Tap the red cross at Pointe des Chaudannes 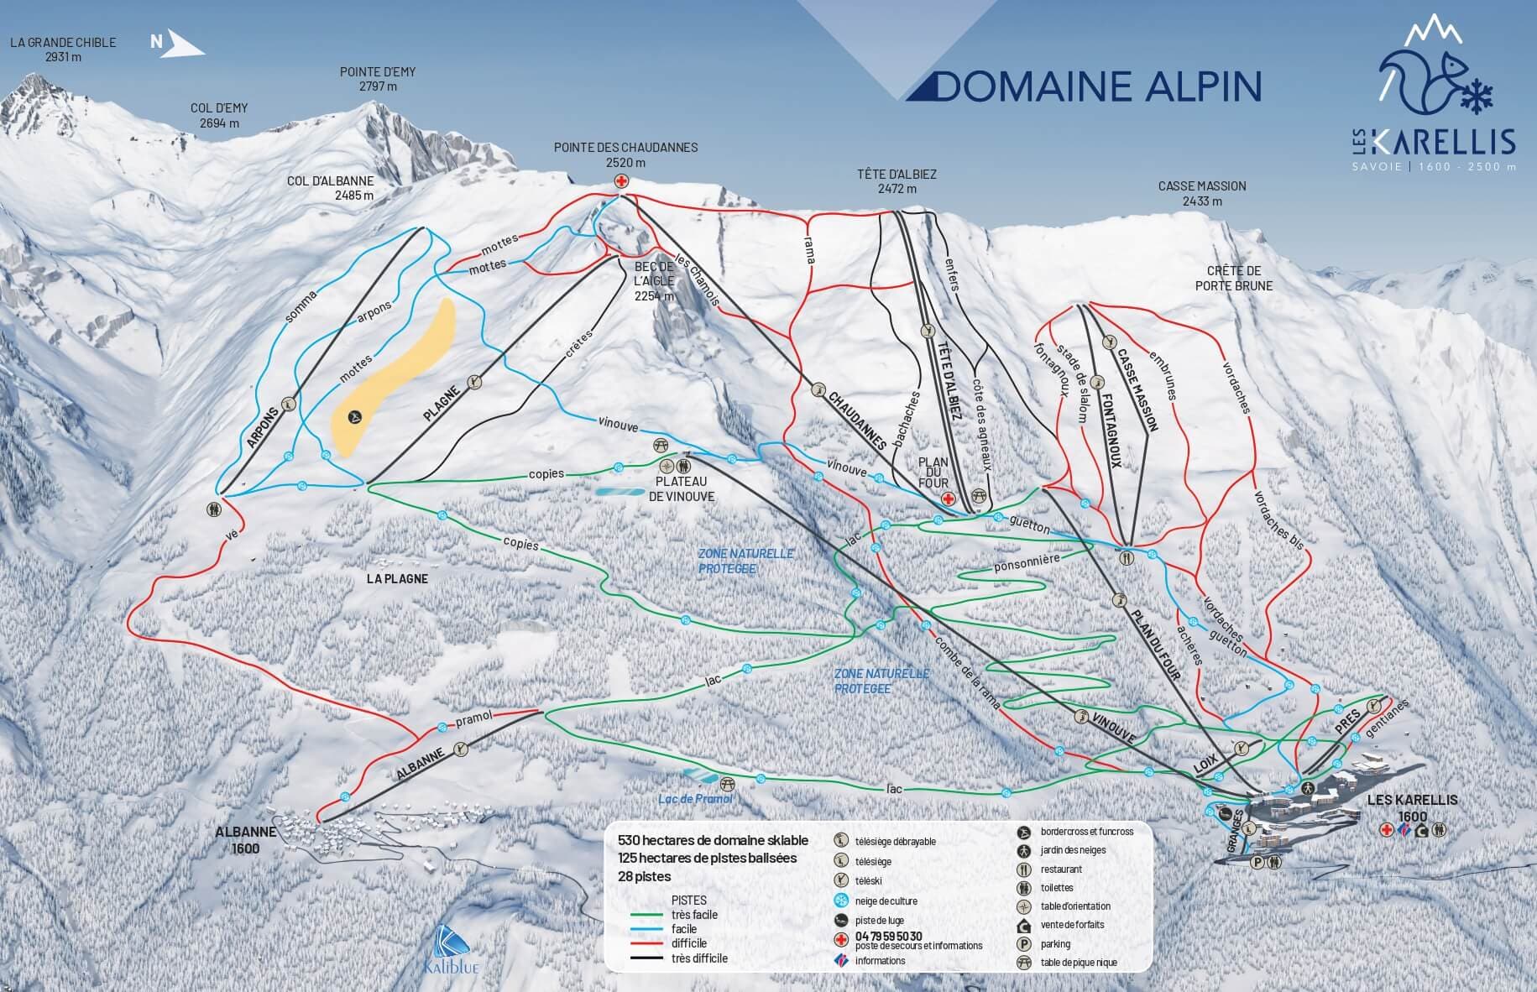(621, 181)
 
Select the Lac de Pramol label (695, 798)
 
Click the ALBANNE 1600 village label (246, 839)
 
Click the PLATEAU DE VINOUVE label (682, 489)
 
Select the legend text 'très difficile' (699, 958)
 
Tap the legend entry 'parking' (1054, 944)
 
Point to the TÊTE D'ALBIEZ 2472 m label (897, 181)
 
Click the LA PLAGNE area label (397, 579)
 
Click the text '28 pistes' (644, 876)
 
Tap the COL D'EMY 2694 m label (219, 115)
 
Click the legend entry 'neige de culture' (886, 901)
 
